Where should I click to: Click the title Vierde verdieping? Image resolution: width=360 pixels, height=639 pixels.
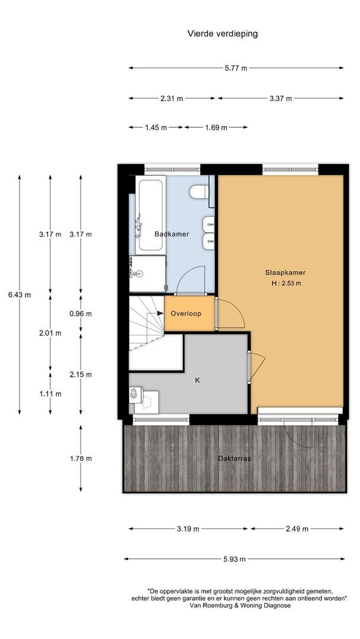click(x=222, y=34)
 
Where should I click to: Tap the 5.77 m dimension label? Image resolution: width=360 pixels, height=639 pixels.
click(x=236, y=69)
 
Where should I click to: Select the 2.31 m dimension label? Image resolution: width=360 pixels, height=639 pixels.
click(x=172, y=98)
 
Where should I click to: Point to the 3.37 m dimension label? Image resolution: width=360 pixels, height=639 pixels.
click(x=281, y=98)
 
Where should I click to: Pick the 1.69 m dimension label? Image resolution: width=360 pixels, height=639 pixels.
click(x=216, y=127)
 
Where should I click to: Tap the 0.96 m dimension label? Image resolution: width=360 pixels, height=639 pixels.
click(x=81, y=314)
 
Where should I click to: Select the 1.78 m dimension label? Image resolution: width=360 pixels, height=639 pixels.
click(x=81, y=458)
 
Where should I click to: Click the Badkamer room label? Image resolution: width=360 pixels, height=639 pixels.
click(x=172, y=234)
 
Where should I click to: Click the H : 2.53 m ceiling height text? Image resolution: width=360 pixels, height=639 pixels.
click(x=285, y=283)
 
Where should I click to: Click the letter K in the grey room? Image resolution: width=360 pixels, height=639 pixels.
click(x=197, y=380)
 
